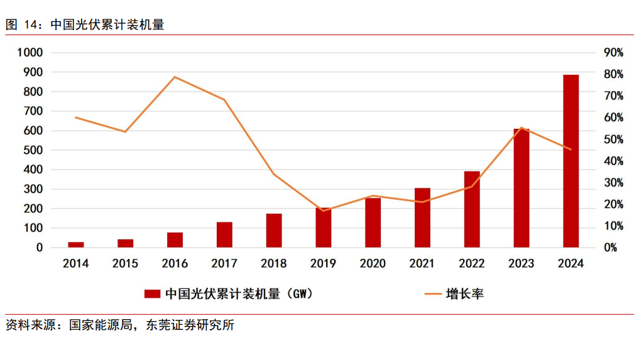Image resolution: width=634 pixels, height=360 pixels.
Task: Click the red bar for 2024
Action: [571, 161]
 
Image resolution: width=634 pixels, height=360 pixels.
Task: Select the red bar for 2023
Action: [522, 188]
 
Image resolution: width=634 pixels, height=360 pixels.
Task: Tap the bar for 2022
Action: [472, 209]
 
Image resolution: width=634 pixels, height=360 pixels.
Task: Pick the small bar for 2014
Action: [76, 244]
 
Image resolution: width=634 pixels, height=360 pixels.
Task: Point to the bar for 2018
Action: [274, 231]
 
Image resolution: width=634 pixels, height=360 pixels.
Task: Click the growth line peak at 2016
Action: [175, 77]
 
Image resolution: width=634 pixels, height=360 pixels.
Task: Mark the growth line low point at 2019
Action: [323, 210]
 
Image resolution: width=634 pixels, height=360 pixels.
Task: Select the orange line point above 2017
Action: [224, 100]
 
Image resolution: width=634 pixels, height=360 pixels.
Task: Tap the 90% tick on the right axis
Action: [613, 53]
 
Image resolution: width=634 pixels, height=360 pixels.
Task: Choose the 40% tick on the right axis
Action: [613, 161]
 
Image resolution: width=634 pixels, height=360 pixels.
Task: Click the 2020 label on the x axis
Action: [373, 263]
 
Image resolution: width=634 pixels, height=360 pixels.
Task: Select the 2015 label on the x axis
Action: [126, 263]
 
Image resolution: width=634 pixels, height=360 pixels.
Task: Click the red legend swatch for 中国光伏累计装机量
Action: [153, 293]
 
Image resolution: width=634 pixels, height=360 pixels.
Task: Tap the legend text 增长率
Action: [464, 293]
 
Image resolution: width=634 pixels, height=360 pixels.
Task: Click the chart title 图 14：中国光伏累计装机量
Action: [85, 25]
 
